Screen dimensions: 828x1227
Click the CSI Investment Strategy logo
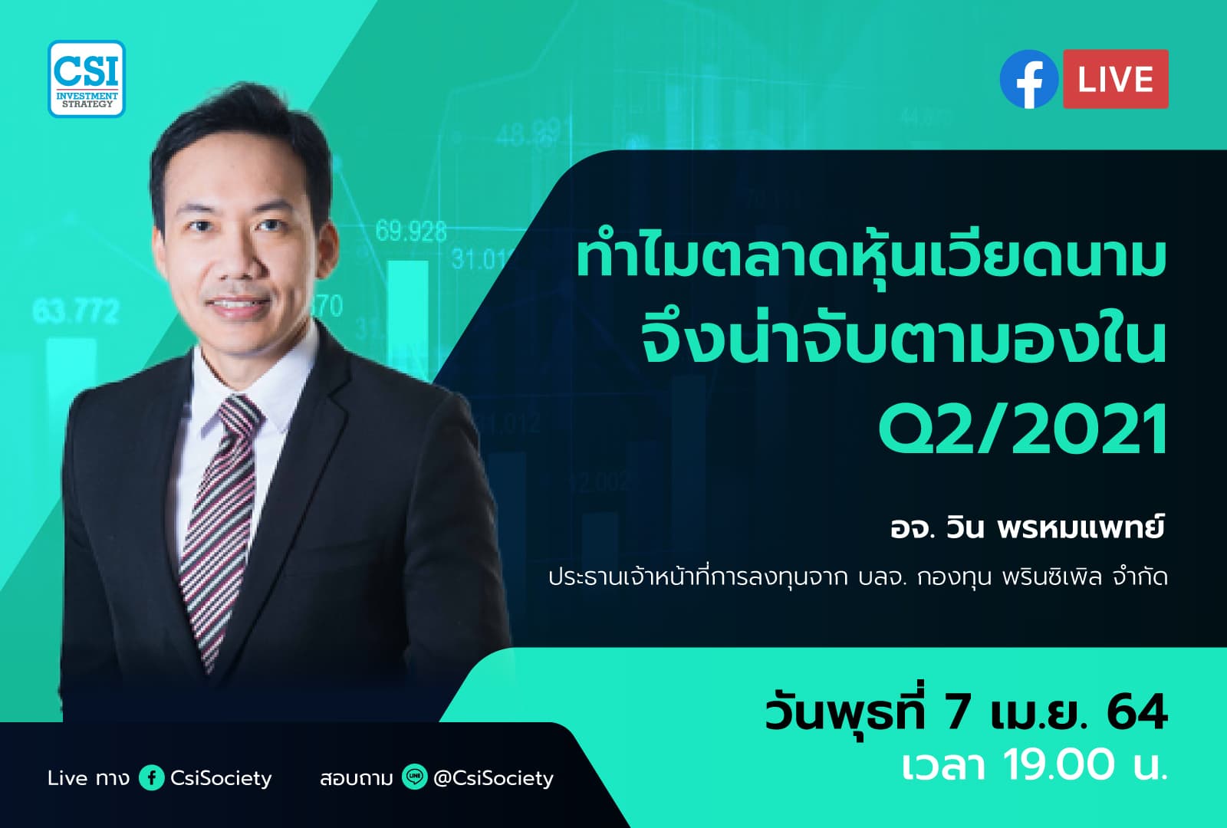click(x=87, y=78)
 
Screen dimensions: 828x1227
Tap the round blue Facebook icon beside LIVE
click(x=1029, y=79)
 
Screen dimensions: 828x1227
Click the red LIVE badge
click(x=1115, y=79)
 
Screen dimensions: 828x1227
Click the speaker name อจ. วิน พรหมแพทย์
click(x=1027, y=528)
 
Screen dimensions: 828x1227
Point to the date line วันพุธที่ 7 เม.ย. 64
click(x=965, y=712)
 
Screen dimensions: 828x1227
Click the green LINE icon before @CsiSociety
click(x=414, y=778)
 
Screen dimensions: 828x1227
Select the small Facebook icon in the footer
click(x=152, y=778)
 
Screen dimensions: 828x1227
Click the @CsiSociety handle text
click(x=493, y=778)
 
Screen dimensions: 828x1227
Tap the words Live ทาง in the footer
click(x=88, y=778)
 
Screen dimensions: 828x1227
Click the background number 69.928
click(x=411, y=231)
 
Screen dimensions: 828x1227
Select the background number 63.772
click(x=76, y=311)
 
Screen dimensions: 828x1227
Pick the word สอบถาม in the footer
click(x=357, y=778)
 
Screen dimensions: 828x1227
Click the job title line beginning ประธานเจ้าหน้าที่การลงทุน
click(x=857, y=577)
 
